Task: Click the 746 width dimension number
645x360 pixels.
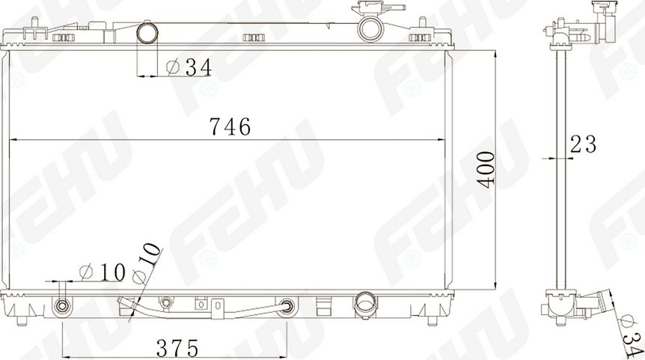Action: [229, 128]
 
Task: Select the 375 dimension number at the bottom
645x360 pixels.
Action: [177, 347]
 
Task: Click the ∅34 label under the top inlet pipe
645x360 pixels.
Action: [188, 67]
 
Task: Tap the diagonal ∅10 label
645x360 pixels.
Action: [147, 263]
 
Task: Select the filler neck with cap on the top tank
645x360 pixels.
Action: [370, 24]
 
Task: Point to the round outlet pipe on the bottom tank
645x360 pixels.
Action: [365, 303]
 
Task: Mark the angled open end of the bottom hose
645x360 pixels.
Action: [123, 302]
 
